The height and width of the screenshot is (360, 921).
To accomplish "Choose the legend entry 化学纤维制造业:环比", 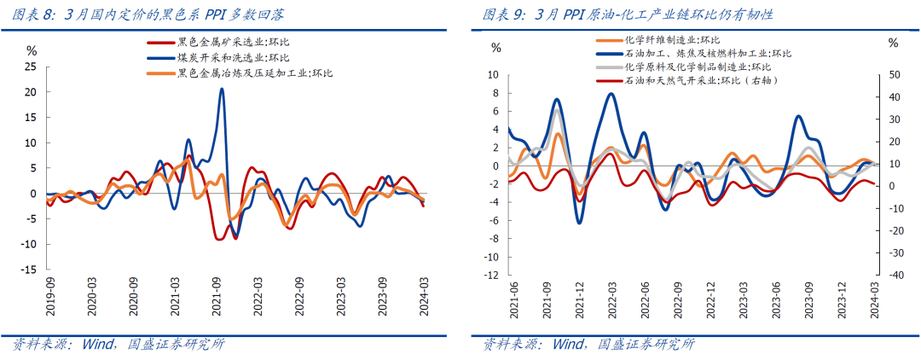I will (671, 39).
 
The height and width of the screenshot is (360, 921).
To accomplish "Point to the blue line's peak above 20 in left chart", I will (222, 89).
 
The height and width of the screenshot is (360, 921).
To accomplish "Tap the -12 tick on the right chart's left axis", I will (492, 276).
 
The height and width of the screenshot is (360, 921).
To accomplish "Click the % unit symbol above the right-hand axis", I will (893, 43).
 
